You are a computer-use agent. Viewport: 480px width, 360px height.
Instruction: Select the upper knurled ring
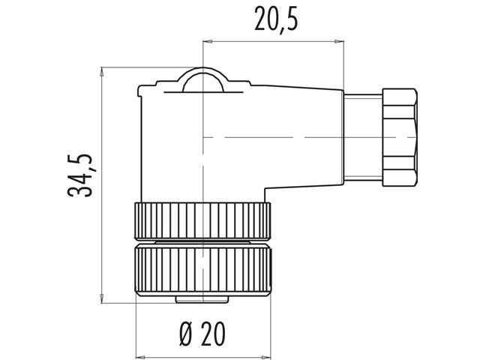(x=201, y=220)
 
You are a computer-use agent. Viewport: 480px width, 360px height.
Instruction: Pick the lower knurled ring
(x=201, y=270)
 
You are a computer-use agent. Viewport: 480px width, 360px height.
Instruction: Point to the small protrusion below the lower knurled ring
(x=201, y=300)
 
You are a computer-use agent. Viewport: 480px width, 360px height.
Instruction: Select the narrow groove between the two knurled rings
(x=201, y=242)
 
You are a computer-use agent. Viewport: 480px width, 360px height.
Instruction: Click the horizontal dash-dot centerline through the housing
(x=285, y=137)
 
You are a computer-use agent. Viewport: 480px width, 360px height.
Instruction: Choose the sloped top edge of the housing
(x=285, y=84)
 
